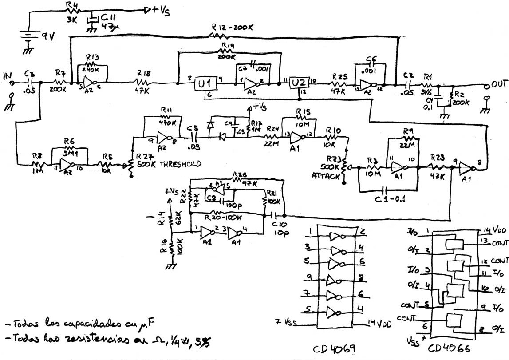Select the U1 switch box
pos(205,84)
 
